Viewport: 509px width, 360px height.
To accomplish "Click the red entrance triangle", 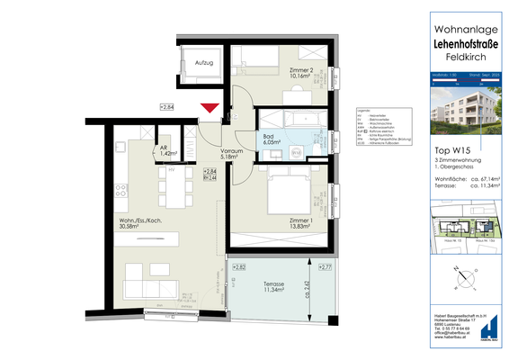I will [x=210, y=110].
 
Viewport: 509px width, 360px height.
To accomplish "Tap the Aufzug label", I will [x=202, y=62].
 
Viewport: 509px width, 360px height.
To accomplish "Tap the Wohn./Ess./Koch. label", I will [x=135, y=222].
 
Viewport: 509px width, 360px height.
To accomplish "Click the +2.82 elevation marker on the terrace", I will [x=240, y=268].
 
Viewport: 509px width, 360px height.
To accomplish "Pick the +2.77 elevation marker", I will [x=326, y=268].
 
